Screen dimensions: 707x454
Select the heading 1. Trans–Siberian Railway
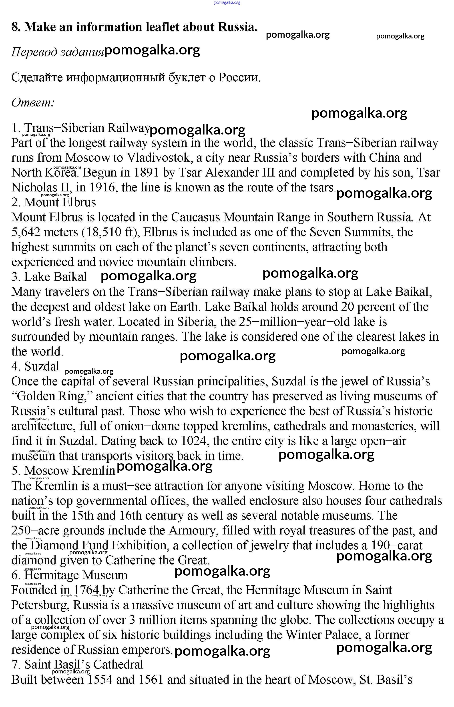80,128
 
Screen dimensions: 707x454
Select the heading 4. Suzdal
35,367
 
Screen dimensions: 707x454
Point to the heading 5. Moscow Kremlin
63,471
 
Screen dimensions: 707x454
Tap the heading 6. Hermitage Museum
69,575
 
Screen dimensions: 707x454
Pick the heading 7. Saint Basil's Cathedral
77,665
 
